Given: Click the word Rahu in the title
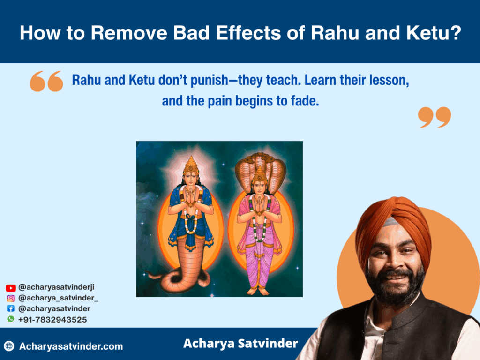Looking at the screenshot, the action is click(335, 33).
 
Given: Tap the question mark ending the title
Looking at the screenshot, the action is click(456, 33).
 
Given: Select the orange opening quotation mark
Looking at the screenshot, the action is click(46, 82).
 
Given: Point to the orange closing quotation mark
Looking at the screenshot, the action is click(435, 117).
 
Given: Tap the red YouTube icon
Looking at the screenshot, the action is click(11, 288).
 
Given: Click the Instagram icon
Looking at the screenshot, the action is click(11, 298).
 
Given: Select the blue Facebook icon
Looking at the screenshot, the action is click(11, 308).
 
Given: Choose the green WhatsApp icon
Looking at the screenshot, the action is click(11, 319).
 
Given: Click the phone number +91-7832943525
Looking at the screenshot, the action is click(52, 320).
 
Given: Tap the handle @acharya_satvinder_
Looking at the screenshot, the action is click(58, 298).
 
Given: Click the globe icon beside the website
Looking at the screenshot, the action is click(9, 346).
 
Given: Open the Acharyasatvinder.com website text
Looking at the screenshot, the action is click(71, 346).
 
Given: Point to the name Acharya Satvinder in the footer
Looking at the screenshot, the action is click(240, 344).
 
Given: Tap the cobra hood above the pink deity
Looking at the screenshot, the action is click(261, 170).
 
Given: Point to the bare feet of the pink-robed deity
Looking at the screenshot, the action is click(258, 290).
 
